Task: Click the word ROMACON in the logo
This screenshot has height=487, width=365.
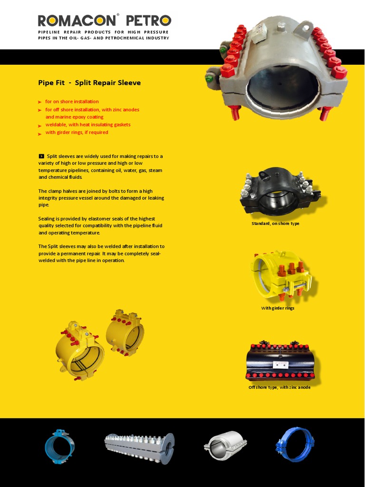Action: pos(77,21)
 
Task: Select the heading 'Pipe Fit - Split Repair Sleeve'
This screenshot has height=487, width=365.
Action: pos(89,83)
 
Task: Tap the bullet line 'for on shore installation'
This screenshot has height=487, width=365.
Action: pos(72,102)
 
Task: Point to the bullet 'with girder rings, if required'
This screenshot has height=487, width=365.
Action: pos(77,133)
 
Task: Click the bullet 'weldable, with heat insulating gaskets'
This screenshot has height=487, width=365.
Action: pos(87,125)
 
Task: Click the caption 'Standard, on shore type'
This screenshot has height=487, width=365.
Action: pos(275,224)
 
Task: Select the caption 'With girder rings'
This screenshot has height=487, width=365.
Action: pos(278,308)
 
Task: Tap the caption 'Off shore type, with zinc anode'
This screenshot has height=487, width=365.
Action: pos(279,387)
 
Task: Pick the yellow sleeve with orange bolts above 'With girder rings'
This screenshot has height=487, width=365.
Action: pos(280,276)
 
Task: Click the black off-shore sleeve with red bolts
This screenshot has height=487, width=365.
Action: pos(279,362)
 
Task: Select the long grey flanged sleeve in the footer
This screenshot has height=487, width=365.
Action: pos(139,448)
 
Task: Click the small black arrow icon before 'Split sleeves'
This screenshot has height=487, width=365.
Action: pos(41,156)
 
